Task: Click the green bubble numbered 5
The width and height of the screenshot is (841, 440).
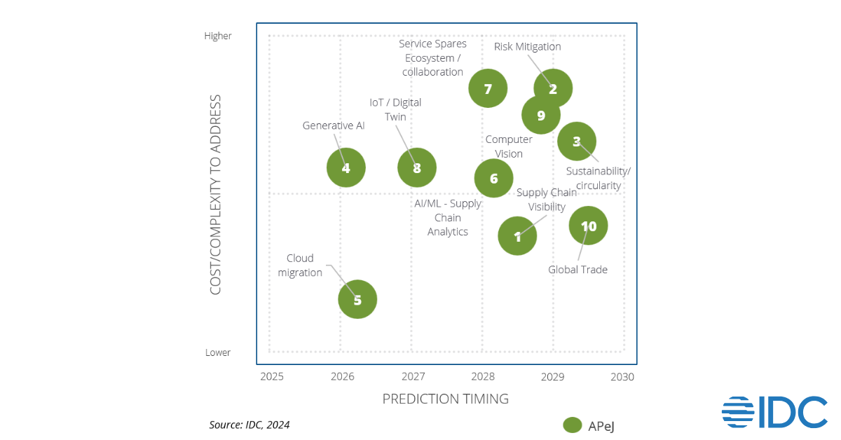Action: coord(357,299)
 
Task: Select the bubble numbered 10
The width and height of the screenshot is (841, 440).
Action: coord(588,226)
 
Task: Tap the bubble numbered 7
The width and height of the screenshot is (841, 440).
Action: coord(488,88)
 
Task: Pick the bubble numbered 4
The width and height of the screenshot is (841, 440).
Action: coord(346,167)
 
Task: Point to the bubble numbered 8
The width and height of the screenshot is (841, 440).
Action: coord(417,167)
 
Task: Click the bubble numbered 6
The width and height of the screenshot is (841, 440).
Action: coord(493,178)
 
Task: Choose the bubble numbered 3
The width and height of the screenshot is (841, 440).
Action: coord(576,141)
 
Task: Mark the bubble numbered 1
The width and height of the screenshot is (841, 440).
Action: coord(517,236)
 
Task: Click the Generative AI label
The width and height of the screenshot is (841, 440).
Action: coord(334,125)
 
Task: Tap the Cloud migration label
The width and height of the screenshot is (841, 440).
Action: coord(300,266)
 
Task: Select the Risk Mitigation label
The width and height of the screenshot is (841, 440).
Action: coord(527,47)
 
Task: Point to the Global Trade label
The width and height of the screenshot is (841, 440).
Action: coord(577,270)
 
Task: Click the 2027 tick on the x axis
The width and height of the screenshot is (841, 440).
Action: coord(413,377)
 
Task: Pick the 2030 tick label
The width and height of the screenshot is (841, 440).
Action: coord(622,377)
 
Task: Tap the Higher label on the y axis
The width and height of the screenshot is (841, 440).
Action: coord(218,36)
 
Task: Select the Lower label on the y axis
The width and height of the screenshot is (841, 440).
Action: coord(218,352)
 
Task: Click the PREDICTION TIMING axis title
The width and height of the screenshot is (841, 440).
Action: coord(445,399)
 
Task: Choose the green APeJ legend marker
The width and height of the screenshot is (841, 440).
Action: coord(573,425)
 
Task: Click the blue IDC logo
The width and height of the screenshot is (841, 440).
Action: coord(774,412)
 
